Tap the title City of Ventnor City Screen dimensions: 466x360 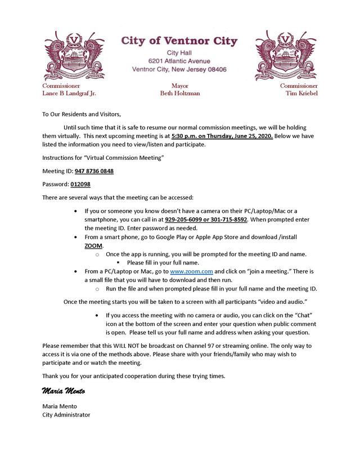click(179, 41)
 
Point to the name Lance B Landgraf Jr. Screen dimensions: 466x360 click(73, 93)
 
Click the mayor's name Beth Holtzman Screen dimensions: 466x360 click(179, 93)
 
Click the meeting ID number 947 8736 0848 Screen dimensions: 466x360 click(94, 171)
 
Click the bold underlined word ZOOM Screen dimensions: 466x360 click(93, 247)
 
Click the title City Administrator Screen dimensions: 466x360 click(66, 415)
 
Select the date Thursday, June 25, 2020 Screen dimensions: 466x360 click(237, 136)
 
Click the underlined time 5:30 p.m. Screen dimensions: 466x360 click(185, 136)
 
